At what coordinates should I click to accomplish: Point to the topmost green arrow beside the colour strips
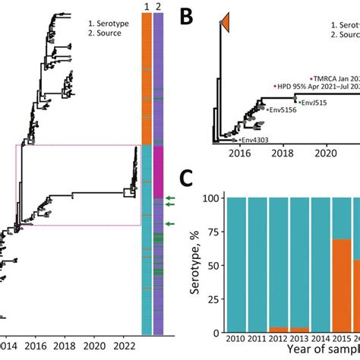coord(174,199)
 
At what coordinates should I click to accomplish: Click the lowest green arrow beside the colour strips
coord(174,224)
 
